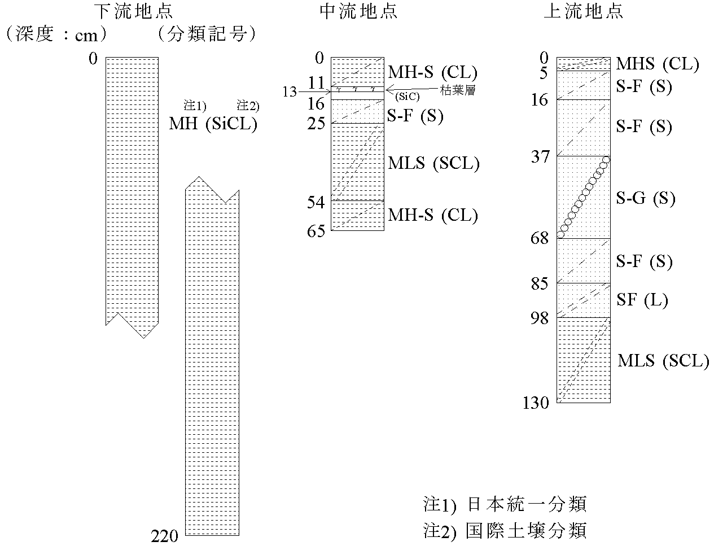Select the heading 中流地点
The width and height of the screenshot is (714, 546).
[x=358, y=11]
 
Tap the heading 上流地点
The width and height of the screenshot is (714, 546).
[x=583, y=11]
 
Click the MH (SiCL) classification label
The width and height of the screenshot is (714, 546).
[x=213, y=124]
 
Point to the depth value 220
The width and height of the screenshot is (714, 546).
[x=165, y=536]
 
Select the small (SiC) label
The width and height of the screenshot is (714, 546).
[x=408, y=97]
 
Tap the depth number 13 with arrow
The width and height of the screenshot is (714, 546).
[x=290, y=91]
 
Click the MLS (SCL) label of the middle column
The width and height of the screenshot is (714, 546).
[x=433, y=164]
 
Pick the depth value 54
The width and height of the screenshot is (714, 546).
[x=315, y=202]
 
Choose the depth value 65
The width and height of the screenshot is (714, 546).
[x=315, y=231]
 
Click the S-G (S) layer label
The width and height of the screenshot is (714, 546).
[x=645, y=198]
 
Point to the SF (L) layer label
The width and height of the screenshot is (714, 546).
[x=642, y=300]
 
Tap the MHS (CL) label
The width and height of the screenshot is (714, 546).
[x=658, y=64]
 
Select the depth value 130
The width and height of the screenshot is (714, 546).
[x=536, y=403]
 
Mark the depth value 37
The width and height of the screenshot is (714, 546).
[x=539, y=156]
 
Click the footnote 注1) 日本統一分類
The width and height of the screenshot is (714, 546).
[x=505, y=504]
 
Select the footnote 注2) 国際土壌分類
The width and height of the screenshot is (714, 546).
[x=505, y=530]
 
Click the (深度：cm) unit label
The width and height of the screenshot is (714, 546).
[x=55, y=35]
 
